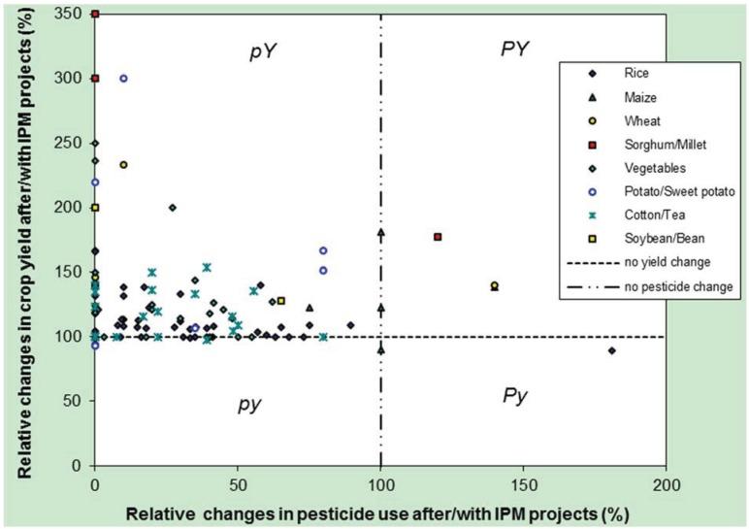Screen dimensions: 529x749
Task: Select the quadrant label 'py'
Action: click(x=250, y=404)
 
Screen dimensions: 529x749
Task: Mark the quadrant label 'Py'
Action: click(x=515, y=396)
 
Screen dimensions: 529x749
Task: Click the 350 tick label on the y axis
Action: click(x=67, y=15)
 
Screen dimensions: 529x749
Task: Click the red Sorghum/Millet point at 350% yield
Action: click(x=95, y=14)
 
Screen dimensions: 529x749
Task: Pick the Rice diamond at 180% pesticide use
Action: click(x=611, y=350)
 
